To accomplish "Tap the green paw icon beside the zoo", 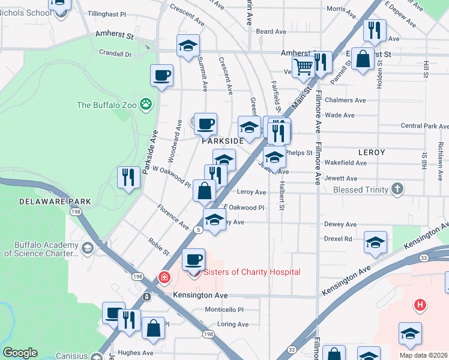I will pos(146,104).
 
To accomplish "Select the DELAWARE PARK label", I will pos(55,202).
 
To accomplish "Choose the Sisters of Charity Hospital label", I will pos(252,272).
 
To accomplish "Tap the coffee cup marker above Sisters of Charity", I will pos(193,259).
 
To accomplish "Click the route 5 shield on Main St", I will pos(197,230).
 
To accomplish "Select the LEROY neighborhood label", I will pos(372,152).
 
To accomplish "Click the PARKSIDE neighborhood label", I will pos(222,140).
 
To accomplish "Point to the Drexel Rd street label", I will pos(337,238).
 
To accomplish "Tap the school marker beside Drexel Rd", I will pos(375,242).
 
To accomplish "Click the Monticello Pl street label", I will pos(224,310).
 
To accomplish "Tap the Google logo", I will pos(20,352).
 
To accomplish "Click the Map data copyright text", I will pos(423,355).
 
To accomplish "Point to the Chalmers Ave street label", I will pos(345,100).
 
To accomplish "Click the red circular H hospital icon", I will pos(420,305).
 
